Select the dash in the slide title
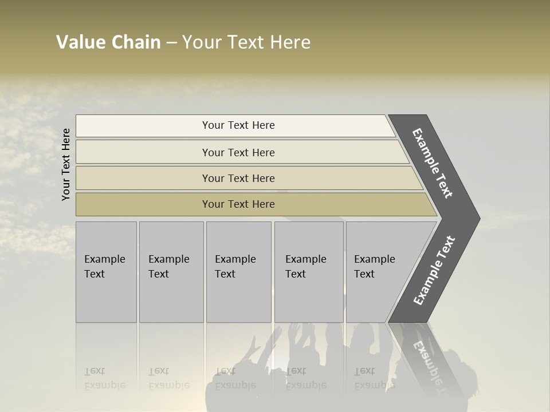click(x=171, y=43)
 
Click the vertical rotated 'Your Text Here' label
click(x=66, y=164)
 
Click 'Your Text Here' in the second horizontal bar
click(x=238, y=153)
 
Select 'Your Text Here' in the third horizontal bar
click(x=238, y=179)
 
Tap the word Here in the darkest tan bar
click(x=263, y=204)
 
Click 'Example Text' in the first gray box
click(x=104, y=267)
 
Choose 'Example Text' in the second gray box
click(x=168, y=267)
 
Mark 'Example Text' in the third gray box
click(x=235, y=267)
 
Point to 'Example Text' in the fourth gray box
click(x=305, y=267)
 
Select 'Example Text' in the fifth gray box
click(x=374, y=267)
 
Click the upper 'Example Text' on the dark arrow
click(x=433, y=163)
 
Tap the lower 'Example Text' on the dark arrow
click(x=434, y=271)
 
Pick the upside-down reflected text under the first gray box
click(x=104, y=378)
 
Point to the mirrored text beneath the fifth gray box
click(x=374, y=378)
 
